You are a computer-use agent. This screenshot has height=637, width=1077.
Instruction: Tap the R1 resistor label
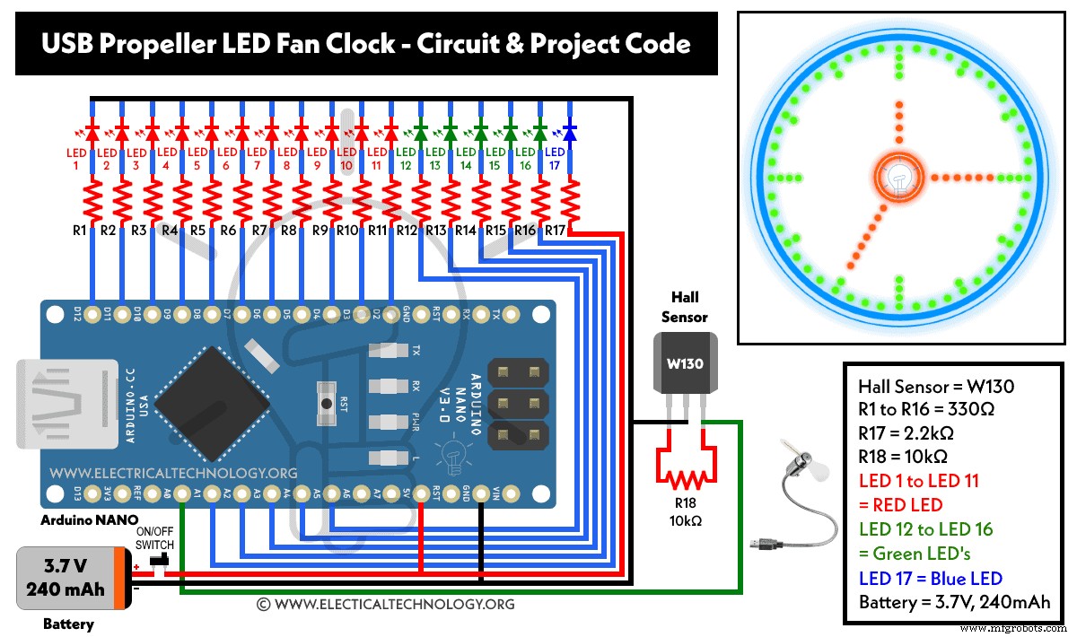[78, 231]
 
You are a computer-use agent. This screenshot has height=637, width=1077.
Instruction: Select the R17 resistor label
[555, 231]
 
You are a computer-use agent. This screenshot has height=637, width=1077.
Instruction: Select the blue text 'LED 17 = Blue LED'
[930, 579]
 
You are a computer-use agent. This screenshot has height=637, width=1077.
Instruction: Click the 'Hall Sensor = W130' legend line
[934, 386]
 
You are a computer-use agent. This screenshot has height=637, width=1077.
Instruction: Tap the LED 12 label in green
[406, 160]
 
